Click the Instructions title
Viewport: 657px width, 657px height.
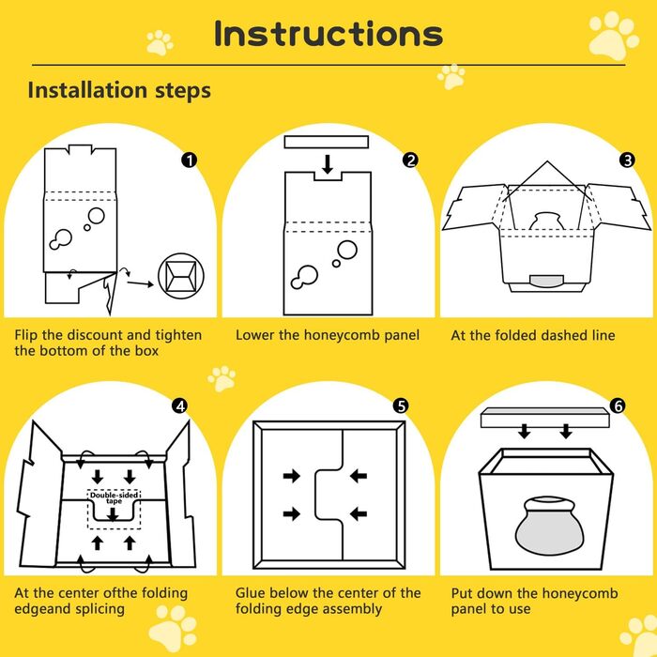point(328,34)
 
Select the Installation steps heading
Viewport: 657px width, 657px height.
point(119,90)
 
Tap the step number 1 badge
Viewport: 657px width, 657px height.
point(190,160)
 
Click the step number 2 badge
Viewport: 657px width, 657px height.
point(410,160)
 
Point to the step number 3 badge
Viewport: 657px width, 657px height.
point(627,160)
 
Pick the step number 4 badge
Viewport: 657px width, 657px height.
point(180,406)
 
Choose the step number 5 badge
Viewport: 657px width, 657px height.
point(401,406)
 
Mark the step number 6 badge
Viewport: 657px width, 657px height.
point(618,406)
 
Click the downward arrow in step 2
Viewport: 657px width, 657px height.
point(328,164)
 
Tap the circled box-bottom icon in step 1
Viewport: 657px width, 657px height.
point(181,277)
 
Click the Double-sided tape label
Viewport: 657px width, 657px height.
point(114,497)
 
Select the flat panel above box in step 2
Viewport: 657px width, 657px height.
point(327,142)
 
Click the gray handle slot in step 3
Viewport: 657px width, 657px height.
point(547,282)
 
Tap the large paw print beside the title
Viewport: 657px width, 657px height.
point(614,36)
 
